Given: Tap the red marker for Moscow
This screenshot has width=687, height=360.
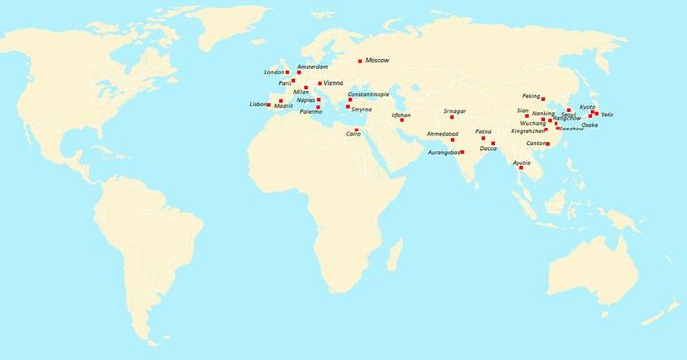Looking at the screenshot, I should [360, 61].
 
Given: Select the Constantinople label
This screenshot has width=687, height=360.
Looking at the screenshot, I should [369, 94].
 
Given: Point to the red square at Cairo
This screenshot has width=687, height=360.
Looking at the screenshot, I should [357, 129].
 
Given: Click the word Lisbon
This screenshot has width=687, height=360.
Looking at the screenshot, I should [259, 104].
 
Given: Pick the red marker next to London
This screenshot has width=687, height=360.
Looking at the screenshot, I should [287, 72].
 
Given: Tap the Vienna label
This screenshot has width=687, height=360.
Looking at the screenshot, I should [334, 83].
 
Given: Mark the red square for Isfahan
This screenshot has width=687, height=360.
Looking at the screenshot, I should [402, 120].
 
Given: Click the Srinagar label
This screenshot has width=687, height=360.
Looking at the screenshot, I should [453, 111].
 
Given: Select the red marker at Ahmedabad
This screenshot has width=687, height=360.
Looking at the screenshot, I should [452, 140].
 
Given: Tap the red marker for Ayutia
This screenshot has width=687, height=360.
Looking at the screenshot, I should [521, 168].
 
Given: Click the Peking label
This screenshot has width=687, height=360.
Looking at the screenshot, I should [532, 96].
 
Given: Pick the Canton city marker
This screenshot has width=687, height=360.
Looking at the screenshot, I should [548, 144].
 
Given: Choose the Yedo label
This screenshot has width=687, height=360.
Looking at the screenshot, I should [607, 115].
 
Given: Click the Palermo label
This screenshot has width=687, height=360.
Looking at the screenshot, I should [310, 112].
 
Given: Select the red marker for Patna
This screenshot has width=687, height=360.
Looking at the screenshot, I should [483, 138].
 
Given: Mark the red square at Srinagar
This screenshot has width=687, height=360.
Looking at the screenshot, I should [452, 118].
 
